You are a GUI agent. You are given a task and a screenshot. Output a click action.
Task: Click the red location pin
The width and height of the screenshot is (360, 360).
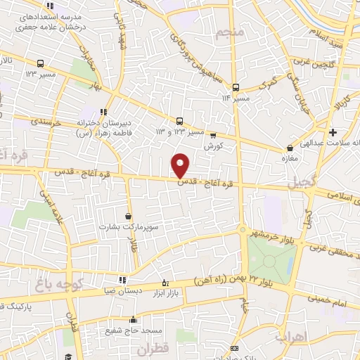181,165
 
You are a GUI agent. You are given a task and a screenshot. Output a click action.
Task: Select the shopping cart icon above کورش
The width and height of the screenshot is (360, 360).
213,135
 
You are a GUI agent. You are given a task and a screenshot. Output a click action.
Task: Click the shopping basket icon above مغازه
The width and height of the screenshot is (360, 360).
290,148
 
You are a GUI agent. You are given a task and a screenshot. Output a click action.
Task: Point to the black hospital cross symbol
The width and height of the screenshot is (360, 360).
332,132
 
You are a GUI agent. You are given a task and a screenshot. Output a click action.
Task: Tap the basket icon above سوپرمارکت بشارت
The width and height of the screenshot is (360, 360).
127,216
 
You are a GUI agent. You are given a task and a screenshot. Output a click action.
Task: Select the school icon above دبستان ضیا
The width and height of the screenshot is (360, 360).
123,280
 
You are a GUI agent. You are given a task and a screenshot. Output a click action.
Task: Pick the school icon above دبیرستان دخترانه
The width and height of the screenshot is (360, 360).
103,111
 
